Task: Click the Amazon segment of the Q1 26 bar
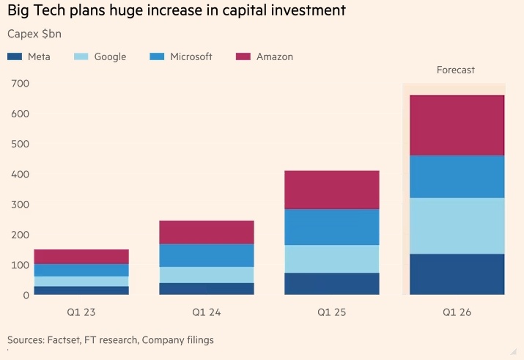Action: (x=457, y=125)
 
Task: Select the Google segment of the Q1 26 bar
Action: (x=457, y=226)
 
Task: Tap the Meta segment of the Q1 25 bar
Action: (x=332, y=284)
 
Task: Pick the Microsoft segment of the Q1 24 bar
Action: (x=207, y=255)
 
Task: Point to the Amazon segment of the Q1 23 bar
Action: (x=81, y=257)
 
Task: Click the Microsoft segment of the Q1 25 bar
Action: (x=332, y=227)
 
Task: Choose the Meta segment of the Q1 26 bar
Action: (x=457, y=274)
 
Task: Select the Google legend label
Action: (x=110, y=56)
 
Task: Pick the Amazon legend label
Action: (x=274, y=56)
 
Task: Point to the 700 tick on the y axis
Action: (x=19, y=84)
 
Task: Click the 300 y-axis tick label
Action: (x=19, y=205)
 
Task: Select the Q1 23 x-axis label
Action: (x=81, y=312)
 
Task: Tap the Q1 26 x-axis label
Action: (x=457, y=312)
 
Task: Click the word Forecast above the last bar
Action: (x=456, y=70)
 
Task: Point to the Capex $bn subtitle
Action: (x=33, y=34)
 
